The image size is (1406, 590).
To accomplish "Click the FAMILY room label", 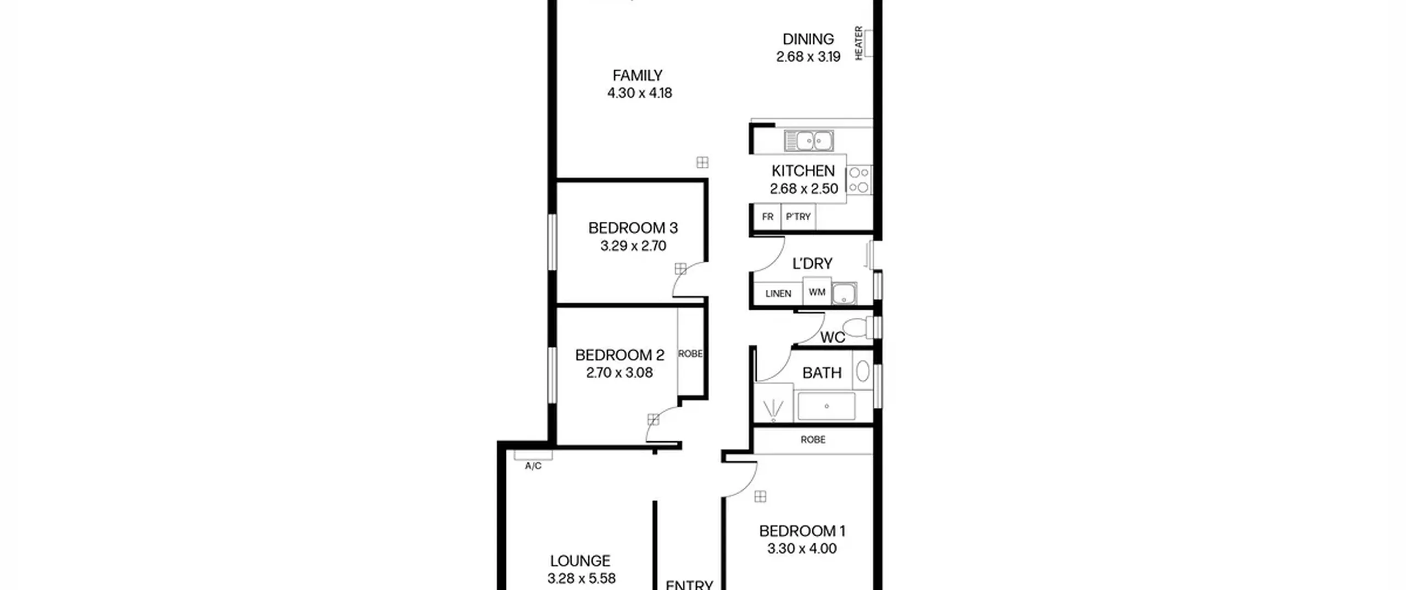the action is click(x=637, y=75).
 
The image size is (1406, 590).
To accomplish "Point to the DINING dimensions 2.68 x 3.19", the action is click(x=808, y=57).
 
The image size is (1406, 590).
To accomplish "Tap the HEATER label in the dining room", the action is click(x=858, y=43).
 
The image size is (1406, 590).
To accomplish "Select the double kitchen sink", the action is click(x=808, y=141).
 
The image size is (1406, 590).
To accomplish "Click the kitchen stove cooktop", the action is click(x=859, y=180).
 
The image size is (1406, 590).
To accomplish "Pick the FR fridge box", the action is click(x=767, y=217).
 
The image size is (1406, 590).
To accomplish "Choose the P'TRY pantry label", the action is click(x=798, y=217).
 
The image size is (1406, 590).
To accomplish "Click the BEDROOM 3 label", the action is click(x=633, y=228).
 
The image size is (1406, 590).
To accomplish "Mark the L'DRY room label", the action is click(x=812, y=264).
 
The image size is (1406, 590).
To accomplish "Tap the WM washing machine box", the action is click(x=817, y=291).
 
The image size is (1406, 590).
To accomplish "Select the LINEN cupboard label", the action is click(x=778, y=294).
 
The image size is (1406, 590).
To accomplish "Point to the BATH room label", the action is click(x=822, y=373).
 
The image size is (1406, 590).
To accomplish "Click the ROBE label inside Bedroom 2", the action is click(x=690, y=354).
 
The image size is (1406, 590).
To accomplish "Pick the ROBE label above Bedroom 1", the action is click(x=813, y=440).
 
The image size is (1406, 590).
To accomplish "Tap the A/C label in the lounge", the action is click(x=533, y=466).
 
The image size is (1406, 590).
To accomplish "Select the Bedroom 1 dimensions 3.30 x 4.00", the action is click(x=802, y=548).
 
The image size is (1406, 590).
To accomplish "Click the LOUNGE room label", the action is click(x=580, y=560).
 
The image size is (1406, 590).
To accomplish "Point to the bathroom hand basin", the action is click(x=862, y=371).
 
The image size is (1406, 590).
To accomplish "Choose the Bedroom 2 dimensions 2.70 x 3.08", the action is click(x=619, y=373).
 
